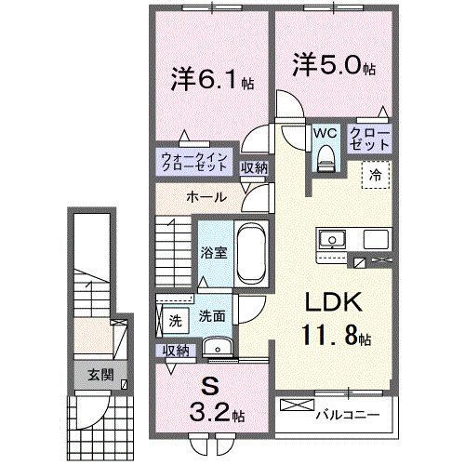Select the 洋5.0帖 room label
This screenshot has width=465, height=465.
coord(336,68)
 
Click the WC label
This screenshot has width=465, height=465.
coord(324,134)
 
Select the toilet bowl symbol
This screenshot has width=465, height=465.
coord(324,161)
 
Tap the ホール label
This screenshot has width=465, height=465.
coord(205,197)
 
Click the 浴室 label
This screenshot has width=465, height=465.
coord(214,253)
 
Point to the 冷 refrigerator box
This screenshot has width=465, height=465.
coord(377,173)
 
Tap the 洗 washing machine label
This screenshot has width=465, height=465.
coord(175,321)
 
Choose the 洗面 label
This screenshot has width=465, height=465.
coord(211,316)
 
